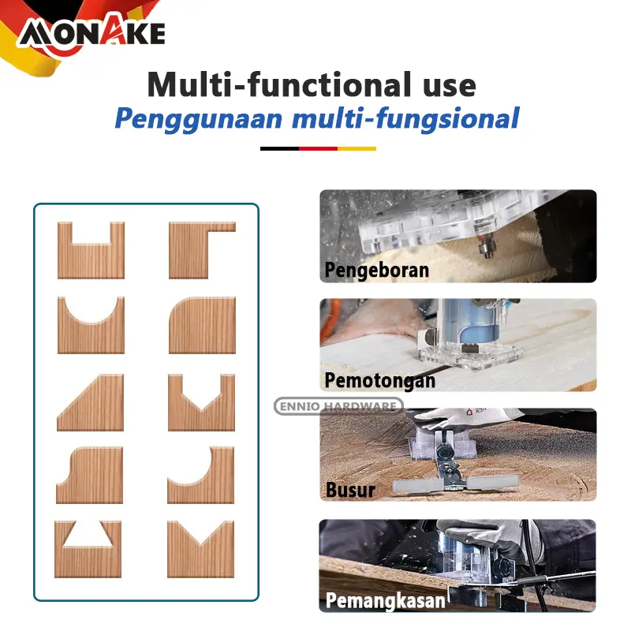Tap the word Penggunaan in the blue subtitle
pos(199,119)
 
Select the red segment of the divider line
pos(318,148)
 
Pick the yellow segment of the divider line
pos(357,148)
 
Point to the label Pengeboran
pos(377,270)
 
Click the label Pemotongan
pos(380,380)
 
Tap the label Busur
pos(350,490)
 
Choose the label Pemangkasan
pos(385,601)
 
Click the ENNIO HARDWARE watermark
pos(338,406)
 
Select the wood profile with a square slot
pos(91,250)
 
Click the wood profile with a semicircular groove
pos(91,325)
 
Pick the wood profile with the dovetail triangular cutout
pos(88,549)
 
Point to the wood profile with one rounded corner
pos(203,325)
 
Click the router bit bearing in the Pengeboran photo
pos(486,248)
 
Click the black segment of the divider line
pos(280,148)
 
